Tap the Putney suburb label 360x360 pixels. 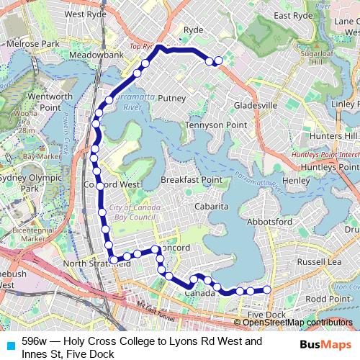pyautogui.click(x=172, y=98)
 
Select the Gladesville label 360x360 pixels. pyautogui.click(x=255, y=106)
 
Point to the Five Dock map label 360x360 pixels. pyautogui.click(x=267, y=315)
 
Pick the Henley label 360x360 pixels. pyautogui.click(x=296, y=180)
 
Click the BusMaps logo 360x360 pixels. pyautogui.click(x=325, y=345)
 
